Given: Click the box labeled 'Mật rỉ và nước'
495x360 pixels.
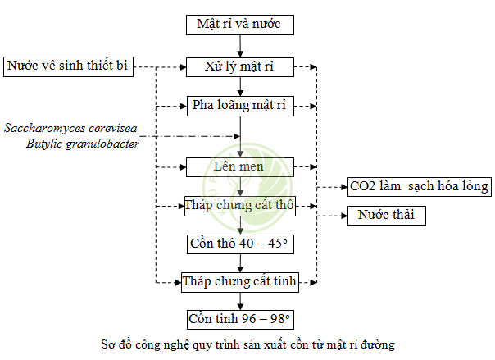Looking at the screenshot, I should (x=239, y=24).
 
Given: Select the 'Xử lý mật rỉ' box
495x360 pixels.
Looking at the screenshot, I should (x=239, y=66).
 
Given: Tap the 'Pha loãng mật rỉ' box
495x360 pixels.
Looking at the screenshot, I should (x=239, y=105).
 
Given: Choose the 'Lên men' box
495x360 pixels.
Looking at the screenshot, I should (x=239, y=166).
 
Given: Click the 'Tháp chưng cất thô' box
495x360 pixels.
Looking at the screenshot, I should (x=239, y=204).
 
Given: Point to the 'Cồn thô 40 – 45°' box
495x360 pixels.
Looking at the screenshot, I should (x=239, y=244).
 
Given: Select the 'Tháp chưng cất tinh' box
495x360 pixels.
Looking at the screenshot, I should (x=239, y=283).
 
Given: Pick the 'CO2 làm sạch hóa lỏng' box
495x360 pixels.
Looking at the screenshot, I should (x=418, y=186).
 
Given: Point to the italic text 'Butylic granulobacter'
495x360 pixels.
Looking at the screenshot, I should (x=81, y=144).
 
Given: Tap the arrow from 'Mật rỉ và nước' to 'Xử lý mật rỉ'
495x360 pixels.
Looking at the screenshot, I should (x=239, y=45).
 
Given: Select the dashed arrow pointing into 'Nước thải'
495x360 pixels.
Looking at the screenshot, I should (x=332, y=216).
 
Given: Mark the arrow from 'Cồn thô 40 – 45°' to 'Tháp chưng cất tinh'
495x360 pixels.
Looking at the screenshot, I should (x=239, y=263).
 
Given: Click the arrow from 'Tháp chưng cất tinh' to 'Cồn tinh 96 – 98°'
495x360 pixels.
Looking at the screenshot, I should (x=239, y=301).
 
